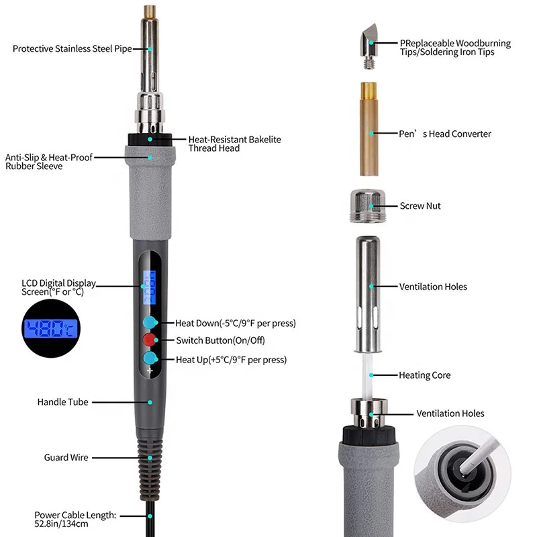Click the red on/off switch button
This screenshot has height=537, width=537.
point(150,340)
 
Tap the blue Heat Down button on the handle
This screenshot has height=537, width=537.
point(150,322)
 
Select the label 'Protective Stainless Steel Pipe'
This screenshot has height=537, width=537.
point(72,49)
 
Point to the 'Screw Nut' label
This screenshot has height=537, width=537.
point(420,206)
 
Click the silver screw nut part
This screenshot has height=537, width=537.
point(367,203)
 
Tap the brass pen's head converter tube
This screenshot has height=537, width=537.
point(367,132)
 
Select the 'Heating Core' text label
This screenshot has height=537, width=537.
point(424,375)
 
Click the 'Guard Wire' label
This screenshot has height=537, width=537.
point(66,458)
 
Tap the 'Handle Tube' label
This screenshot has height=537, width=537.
point(62,402)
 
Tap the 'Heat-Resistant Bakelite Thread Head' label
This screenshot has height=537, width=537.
point(224,144)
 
